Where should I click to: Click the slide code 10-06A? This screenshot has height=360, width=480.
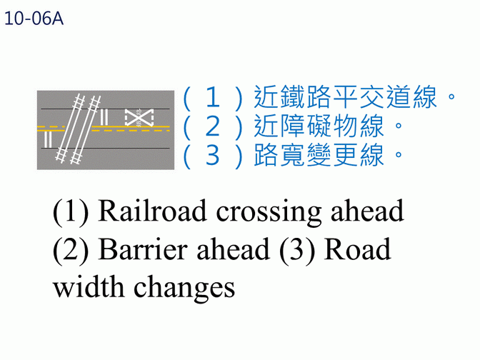click(34, 19)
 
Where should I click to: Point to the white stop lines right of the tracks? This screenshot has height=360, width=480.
click(105, 118)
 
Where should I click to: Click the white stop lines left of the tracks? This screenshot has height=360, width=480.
click(47, 139)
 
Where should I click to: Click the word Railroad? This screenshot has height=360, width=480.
click(151, 211)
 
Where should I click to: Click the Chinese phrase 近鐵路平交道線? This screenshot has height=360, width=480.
click(346, 98)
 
